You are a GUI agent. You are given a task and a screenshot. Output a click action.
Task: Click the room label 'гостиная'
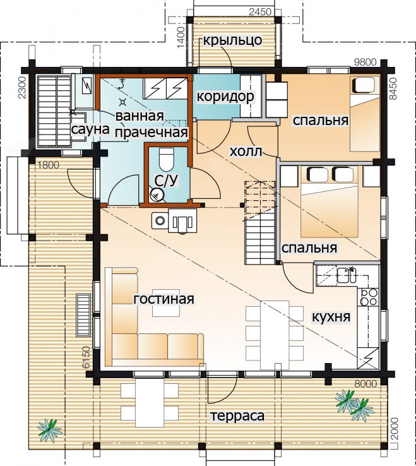click(163, 299)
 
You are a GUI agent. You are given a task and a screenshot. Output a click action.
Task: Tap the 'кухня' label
click(331, 317)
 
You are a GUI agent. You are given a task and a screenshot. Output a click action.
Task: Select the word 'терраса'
click(237, 416)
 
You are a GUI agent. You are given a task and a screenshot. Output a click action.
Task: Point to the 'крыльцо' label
click(233, 40)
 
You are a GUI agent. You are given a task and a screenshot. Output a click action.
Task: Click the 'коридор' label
click(225, 97)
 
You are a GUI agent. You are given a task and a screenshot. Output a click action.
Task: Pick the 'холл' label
click(246, 152)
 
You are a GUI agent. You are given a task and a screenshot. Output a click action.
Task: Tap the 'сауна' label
click(90, 129)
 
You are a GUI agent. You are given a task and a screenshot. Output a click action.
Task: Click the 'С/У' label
click(167, 180)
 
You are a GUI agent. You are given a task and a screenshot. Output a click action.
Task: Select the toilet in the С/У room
click(166, 158)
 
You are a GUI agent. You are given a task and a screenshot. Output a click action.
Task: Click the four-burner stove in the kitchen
click(369, 297)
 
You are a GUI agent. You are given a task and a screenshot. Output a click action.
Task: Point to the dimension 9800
click(365, 62)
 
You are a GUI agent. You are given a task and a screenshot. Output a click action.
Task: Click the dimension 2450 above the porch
click(260, 11)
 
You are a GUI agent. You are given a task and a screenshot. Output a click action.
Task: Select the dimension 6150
click(86, 357)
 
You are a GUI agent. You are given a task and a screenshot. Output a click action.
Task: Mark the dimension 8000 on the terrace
click(365, 384)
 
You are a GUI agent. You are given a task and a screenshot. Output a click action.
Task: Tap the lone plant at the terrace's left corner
click(49, 430)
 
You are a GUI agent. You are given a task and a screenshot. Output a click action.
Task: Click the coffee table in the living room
click(166, 303)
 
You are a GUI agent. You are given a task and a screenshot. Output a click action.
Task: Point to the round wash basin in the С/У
click(157, 195)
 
